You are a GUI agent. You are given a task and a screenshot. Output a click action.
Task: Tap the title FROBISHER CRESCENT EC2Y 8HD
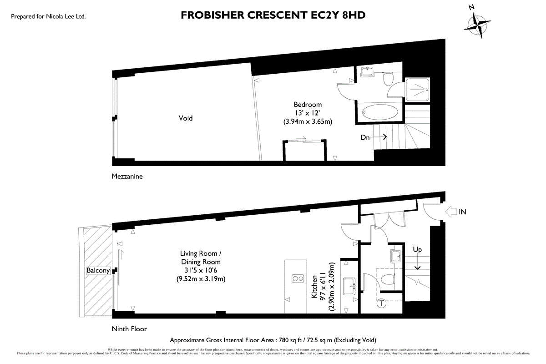[x=273, y=15]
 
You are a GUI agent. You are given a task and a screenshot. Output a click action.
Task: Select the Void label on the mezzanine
[x=185, y=118]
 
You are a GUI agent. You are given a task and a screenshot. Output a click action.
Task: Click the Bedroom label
[x=308, y=105]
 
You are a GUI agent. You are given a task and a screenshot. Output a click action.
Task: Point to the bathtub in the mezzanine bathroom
[x=379, y=112]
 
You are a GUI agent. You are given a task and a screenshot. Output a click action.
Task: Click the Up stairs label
[x=417, y=250]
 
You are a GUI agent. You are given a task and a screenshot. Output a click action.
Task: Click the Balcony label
[x=98, y=270]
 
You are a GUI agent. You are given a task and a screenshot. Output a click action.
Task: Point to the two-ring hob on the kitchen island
[x=297, y=279]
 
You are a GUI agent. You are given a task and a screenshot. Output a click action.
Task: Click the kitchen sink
[x=350, y=285]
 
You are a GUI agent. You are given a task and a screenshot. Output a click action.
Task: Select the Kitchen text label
[x=314, y=287]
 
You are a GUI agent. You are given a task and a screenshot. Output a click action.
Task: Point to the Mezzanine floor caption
[x=127, y=176]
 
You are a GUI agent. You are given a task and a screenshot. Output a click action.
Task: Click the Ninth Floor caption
[x=129, y=329]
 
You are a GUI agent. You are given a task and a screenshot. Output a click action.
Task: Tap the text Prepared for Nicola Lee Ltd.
[x=48, y=16]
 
